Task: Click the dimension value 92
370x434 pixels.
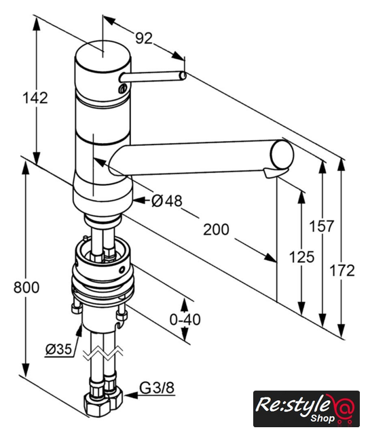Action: pyautogui.click(x=144, y=38)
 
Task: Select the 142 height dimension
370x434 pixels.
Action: pyautogui.click(x=35, y=98)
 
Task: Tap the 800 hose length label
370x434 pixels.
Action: pyautogui.click(x=26, y=287)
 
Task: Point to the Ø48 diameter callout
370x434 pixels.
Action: pyautogui.click(x=167, y=201)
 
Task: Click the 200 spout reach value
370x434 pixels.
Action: pyautogui.click(x=216, y=229)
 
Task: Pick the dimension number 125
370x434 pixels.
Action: pyautogui.click(x=301, y=257)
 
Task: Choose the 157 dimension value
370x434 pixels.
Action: pyautogui.click(x=322, y=226)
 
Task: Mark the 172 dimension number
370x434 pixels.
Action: pyautogui.click(x=341, y=271)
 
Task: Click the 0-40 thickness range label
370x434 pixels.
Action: pyautogui.click(x=185, y=319)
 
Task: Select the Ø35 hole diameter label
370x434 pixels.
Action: pyautogui.click(x=59, y=349)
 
